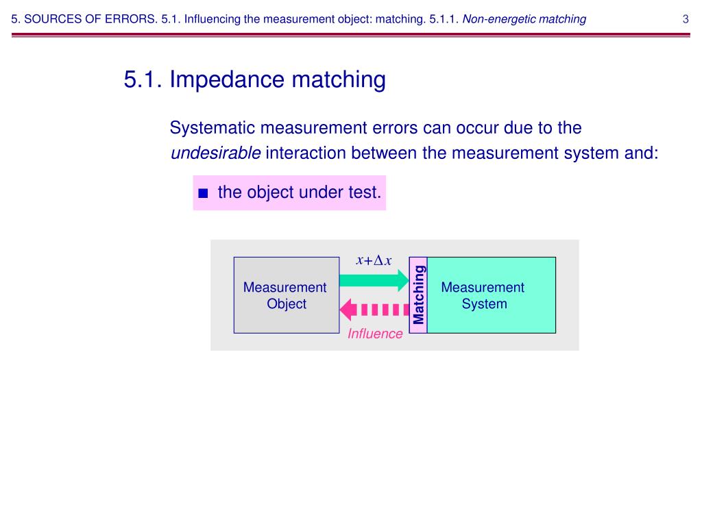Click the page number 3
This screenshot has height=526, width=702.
click(x=686, y=19)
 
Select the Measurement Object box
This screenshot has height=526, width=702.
click(x=287, y=295)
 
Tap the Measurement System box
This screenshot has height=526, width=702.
click(x=491, y=295)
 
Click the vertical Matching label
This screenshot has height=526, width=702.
click(x=418, y=295)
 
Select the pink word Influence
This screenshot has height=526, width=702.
click(x=375, y=334)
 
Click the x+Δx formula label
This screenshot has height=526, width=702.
click(x=374, y=260)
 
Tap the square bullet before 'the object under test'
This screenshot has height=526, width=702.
click(x=202, y=193)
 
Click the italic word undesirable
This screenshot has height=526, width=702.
click(x=215, y=153)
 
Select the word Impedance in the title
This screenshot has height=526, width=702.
click(x=228, y=80)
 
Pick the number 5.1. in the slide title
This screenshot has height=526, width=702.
click(x=143, y=80)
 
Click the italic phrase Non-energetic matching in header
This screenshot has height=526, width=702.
click(x=524, y=19)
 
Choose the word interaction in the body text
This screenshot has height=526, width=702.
click(x=306, y=153)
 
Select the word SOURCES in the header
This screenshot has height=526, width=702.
click(x=51, y=19)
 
